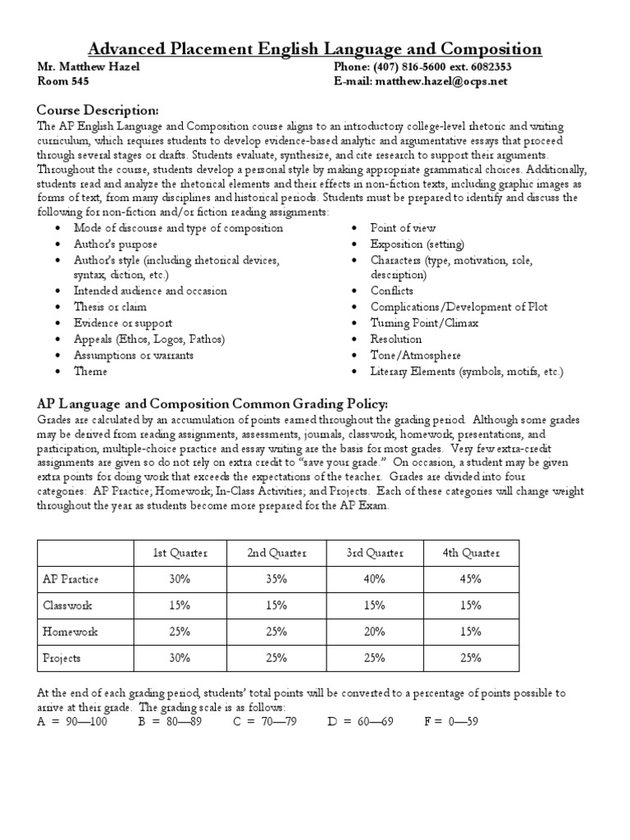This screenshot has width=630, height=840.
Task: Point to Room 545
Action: (64, 82)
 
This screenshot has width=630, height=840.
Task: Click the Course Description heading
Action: (98, 110)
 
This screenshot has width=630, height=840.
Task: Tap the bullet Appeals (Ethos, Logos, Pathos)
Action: (148, 339)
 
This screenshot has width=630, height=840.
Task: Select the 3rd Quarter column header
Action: (375, 553)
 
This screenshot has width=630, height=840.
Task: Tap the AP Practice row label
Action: (71, 579)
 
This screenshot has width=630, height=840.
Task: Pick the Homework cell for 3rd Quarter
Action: (375, 632)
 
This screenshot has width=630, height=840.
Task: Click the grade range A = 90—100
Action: (72, 721)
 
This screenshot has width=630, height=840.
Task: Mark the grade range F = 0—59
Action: (451, 721)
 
